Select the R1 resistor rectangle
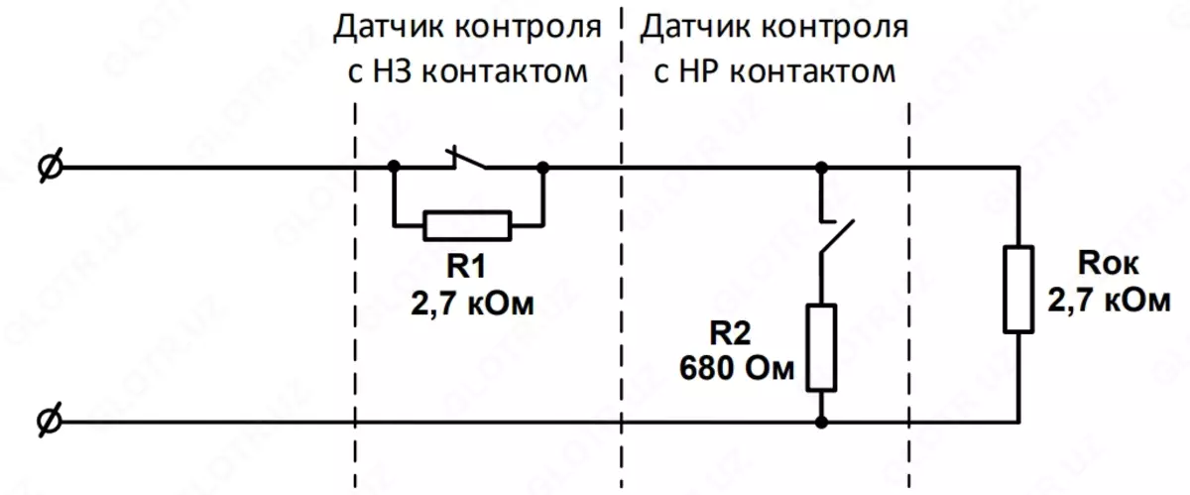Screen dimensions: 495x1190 (x=467, y=226)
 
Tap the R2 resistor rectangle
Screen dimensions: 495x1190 (x=821, y=348)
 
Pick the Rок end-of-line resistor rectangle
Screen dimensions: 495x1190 (x=1018, y=289)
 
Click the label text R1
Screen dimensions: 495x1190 (x=467, y=268)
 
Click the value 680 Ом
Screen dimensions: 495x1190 (x=738, y=369)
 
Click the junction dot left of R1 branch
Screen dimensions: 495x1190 (x=394, y=166)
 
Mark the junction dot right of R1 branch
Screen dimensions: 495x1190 (x=543, y=166)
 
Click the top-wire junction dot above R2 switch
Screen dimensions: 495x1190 (x=821, y=166)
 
